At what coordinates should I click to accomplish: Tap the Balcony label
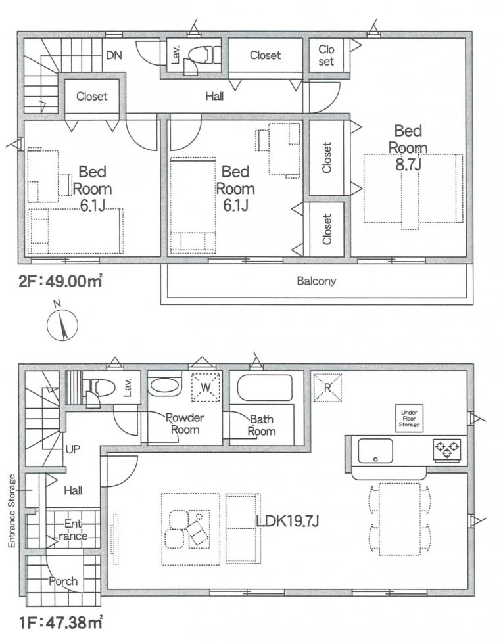316,281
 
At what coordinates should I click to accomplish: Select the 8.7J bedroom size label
408,165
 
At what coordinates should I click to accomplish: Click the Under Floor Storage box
409,419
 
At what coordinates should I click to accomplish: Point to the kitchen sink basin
375,451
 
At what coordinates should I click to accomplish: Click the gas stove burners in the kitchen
446,448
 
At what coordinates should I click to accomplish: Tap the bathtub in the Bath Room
265,387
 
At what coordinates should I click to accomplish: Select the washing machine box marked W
206,386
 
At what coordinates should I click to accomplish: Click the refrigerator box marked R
327,387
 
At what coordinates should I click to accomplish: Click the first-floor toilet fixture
97,387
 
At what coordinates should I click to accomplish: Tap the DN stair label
114,55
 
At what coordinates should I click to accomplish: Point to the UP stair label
73,449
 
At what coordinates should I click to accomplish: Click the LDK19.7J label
287,521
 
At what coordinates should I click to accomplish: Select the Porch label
63,581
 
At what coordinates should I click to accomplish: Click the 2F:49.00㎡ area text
60,282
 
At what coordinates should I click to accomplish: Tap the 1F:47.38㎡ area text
60,623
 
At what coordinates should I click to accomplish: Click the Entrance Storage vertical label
12,511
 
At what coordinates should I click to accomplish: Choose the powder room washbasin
164,386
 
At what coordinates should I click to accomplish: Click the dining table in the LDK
400,519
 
